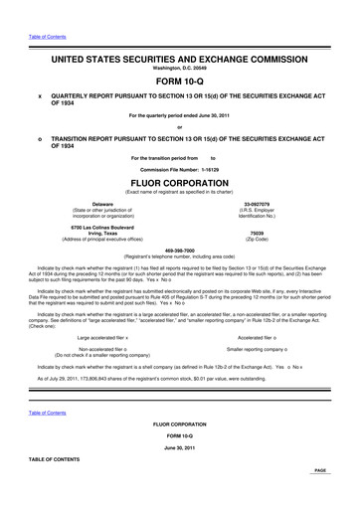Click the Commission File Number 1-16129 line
point(180,167)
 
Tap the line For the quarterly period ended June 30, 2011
point(180,116)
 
